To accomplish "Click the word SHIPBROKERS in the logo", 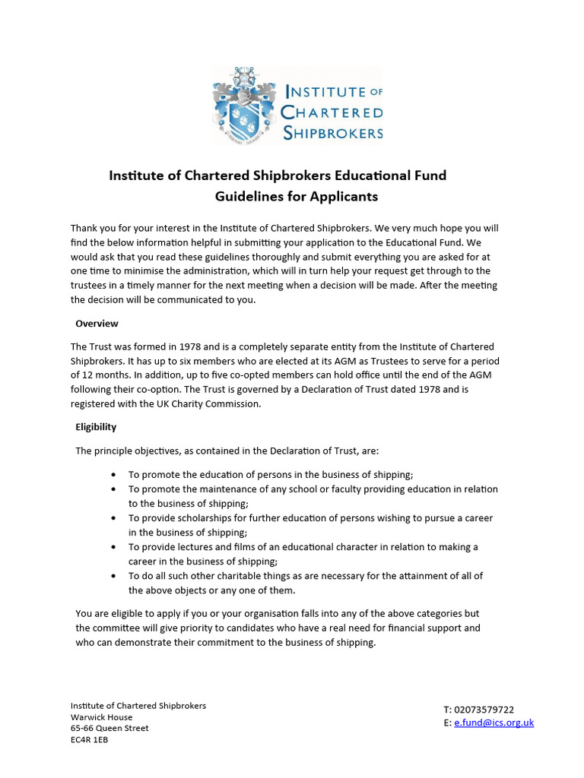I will point(332,133).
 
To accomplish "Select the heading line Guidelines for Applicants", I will point(296,197).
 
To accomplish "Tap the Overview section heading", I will point(97,323).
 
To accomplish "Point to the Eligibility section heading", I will point(96,427).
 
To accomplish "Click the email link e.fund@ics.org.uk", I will point(494,723).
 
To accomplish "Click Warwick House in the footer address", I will point(101,716).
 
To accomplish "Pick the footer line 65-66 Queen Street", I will point(109,728).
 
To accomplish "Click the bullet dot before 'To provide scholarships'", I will point(113,518).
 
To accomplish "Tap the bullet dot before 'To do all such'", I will point(113,576).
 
